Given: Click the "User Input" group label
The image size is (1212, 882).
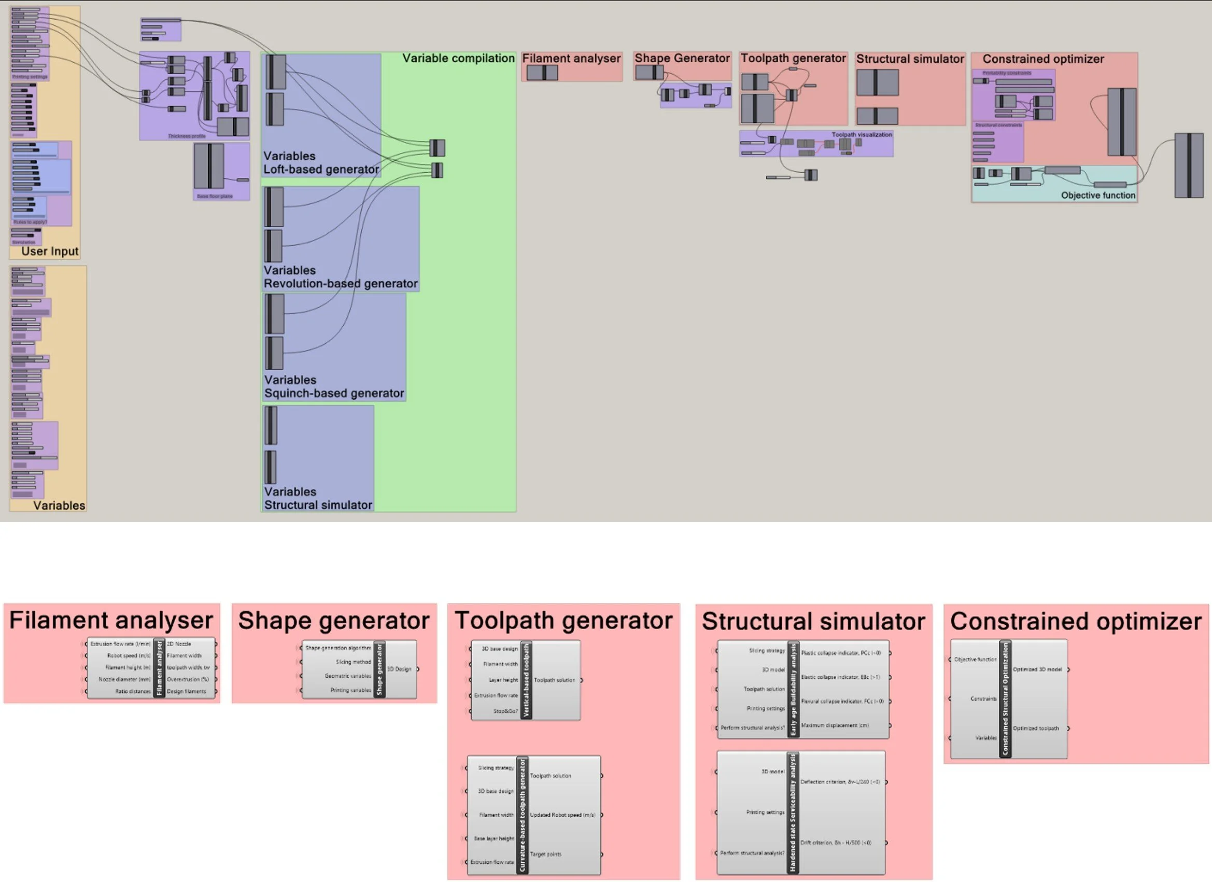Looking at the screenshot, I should point(50,251).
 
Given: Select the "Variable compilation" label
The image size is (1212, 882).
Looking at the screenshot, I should point(458,58).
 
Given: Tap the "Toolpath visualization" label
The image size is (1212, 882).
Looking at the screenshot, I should point(862,135).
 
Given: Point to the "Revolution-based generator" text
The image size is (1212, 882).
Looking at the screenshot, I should point(341,284).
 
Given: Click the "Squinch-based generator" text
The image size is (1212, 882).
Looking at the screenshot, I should point(334,394).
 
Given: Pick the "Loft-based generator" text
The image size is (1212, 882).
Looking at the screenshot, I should point(321,170).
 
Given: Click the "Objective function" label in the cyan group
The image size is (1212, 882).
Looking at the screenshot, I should point(1097,195).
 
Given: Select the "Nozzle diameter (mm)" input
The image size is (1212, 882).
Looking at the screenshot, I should point(124,679).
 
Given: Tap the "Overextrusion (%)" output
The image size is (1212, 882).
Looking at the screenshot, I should point(188,679).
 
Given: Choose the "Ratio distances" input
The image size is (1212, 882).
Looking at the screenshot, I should point(133,692).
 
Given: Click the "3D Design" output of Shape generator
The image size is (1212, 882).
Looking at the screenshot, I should point(399,669).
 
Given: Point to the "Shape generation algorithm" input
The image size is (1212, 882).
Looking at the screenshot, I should point(338,648).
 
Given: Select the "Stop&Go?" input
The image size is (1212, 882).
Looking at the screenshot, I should point(505,711).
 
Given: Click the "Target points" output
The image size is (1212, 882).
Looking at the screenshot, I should point(546,854).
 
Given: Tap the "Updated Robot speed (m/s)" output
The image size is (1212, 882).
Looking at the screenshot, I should point(562,815).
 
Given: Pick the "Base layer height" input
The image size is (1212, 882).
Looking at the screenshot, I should point(494,838).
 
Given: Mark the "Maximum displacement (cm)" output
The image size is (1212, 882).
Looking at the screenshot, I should point(835,726).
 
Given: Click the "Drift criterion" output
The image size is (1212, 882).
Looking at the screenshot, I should point(836,843).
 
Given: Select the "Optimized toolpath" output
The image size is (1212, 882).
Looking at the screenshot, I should point(1036,729).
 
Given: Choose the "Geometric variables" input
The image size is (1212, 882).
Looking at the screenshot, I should point(347,676).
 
